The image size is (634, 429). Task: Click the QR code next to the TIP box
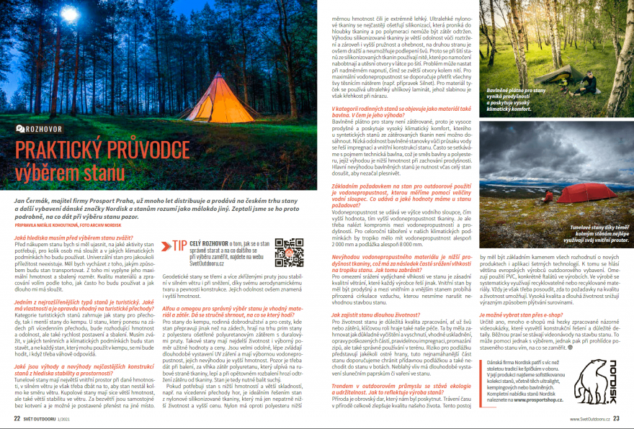(x=289, y=253)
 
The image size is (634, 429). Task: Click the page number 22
(x=16, y=417)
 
